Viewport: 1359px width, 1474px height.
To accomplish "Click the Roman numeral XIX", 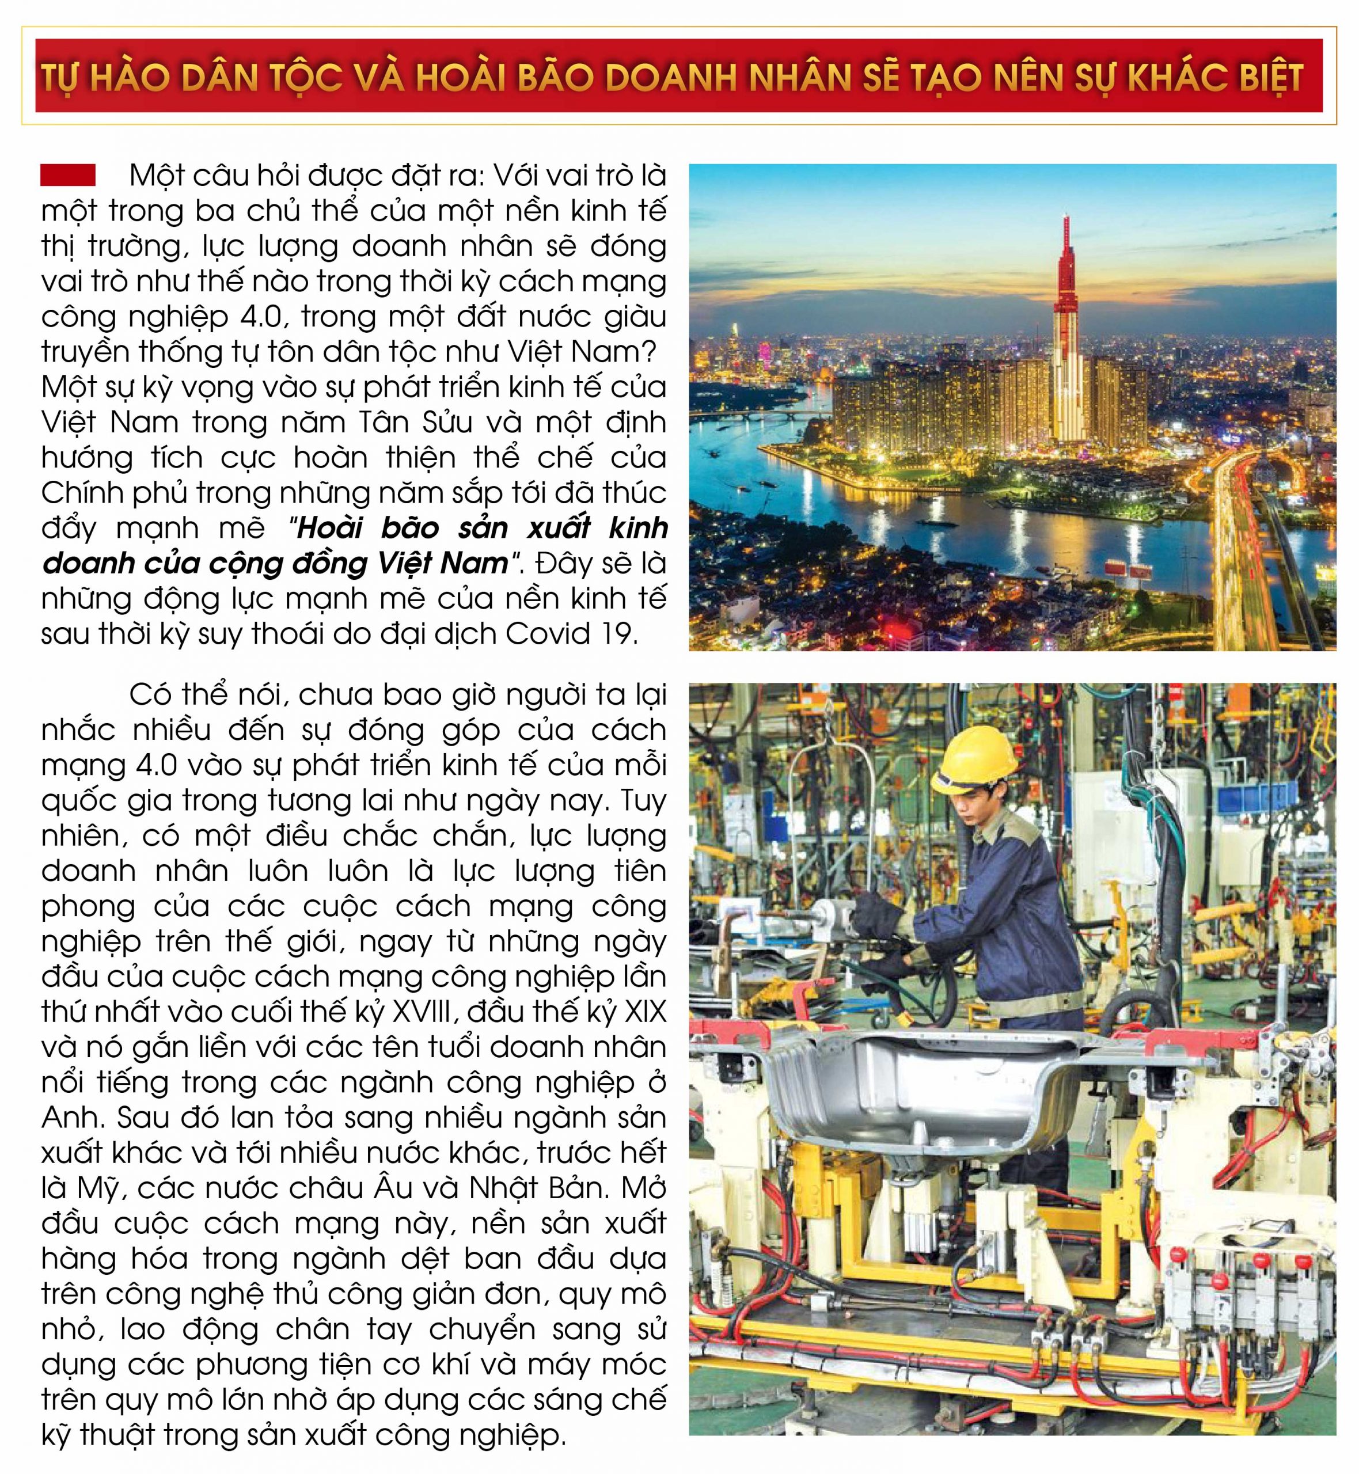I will tap(643, 1012).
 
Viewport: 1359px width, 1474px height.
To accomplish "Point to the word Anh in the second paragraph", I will tap(71, 1118).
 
